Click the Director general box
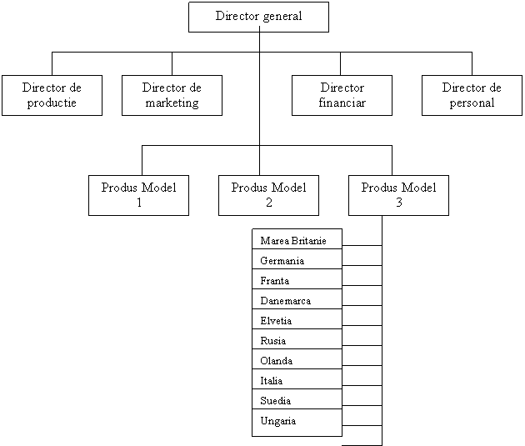tap(258, 17)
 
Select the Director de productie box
tap(52, 95)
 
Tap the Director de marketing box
tap(172, 95)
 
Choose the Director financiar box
tap(342, 95)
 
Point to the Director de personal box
tap(472, 95)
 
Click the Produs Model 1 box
tap(138, 195)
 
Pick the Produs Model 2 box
tap(268, 195)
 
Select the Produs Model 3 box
tap(398, 195)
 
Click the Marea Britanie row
tap(297, 239)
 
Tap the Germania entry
tap(297, 258)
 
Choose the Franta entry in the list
tap(297, 279)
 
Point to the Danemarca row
tap(297, 299)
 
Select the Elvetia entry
tap(297, 319)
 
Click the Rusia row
tap(297, 339)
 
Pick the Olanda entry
tap(297, 359)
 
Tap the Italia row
tap(297, 379)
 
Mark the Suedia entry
tap(297, 399)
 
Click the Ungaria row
tap(297, 423)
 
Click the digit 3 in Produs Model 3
tap(399, 203)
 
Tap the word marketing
tap(172, 103)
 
